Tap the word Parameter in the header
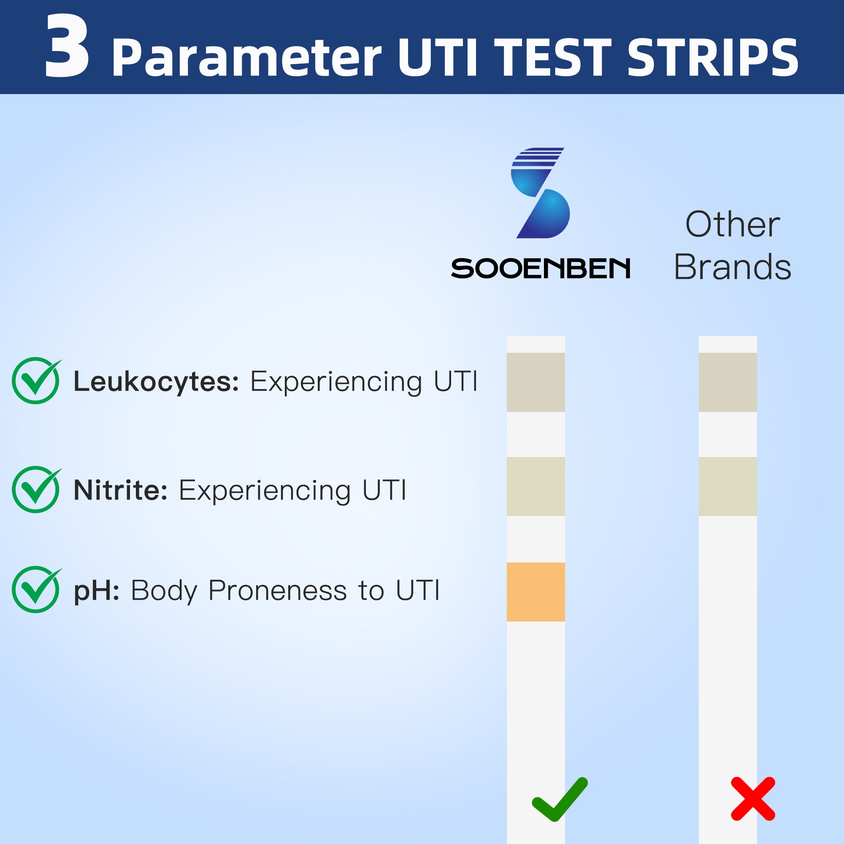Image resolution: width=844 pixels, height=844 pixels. [246, 58]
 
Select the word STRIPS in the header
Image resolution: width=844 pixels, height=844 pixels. [713, 58]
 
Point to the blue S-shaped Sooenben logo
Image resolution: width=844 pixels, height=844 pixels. [541, 193]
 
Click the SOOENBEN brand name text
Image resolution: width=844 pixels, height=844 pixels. [541, 268]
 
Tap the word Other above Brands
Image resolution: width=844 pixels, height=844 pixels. [733, 224]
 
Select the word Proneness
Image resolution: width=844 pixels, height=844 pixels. [278, 591]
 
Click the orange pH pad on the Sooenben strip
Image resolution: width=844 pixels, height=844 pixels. [536, 592]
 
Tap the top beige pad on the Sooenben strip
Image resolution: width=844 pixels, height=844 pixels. [536, 382]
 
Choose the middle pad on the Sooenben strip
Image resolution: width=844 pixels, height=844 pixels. [536, 487]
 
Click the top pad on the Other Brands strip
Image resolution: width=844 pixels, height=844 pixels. [728, 382]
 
